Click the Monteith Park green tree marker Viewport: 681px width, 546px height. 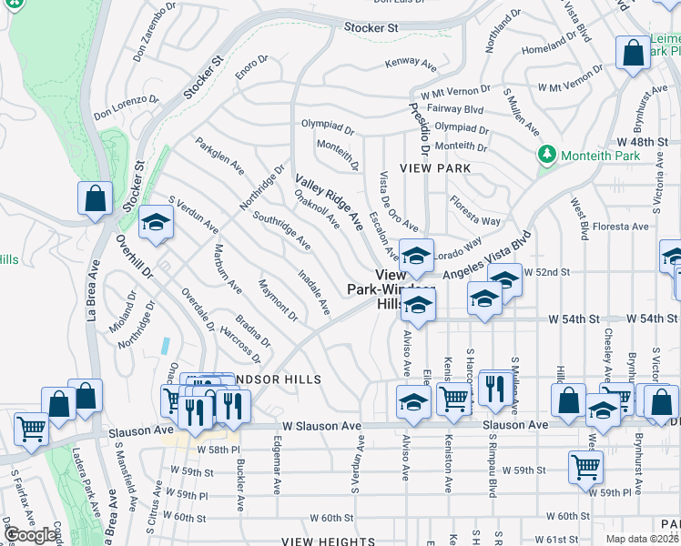coord(546,155)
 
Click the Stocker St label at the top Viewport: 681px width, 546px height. coord(371,28)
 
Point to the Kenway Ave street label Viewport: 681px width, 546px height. coord(411,64)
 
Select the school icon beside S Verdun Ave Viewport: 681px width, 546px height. coord(156,223)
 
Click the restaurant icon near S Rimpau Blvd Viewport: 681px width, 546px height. coord(494,387)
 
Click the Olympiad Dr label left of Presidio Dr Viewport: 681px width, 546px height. coord(328,126)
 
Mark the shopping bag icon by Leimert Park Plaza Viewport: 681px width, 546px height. coord(633,54)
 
